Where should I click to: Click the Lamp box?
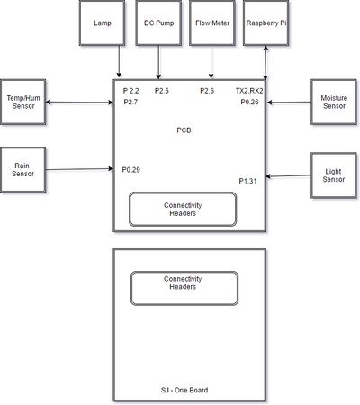pos(102,22)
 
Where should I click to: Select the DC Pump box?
pos(158,22)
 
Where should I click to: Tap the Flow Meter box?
pos(212,22)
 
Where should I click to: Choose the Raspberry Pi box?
pos(266,22)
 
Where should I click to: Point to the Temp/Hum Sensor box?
pos(23,102)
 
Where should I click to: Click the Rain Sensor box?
pos(23,169)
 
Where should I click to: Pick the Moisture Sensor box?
pos(334,102)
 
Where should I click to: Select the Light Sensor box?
pos(334,175)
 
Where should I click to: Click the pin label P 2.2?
pos(130,91)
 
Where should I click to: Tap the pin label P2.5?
pos(162,91)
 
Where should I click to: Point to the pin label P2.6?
pos(207,91)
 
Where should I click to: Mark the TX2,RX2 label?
pos(249,91)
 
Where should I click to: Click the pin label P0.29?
pos(130,170)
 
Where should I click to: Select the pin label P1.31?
pos(247,181)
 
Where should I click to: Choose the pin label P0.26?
pos(249,102)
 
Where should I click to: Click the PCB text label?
pos(184,130)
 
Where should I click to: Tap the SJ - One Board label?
pos(184,390)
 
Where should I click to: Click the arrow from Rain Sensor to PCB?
pos(79,169)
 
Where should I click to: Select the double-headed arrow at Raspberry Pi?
pos(265,63)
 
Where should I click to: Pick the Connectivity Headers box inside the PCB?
pos(183,209)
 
